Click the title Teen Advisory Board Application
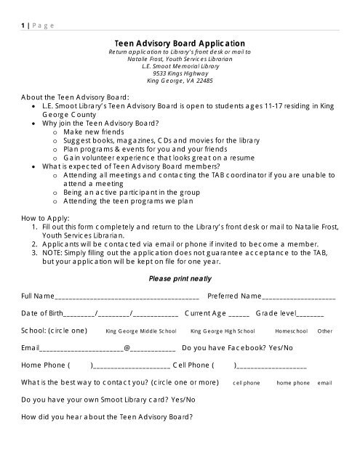click(180, 44)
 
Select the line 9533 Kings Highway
click(180, 73)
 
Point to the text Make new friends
click(98, 132)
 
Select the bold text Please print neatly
click(180, 278)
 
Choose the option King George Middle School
click(141, 331)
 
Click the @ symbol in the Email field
click(127, 348)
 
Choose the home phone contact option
click(293, 383)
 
